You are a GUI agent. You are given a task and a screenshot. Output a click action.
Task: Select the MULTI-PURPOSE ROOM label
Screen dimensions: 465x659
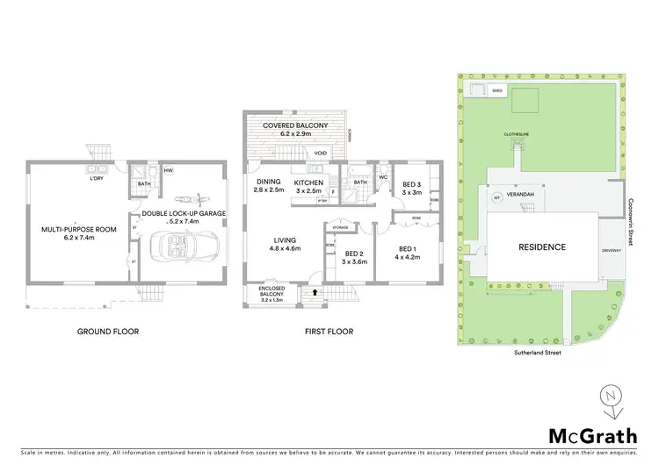coord(79,230)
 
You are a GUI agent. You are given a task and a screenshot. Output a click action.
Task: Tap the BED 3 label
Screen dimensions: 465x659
coord(409,185)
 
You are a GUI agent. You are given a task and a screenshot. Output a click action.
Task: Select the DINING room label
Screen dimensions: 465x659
coord(268,182)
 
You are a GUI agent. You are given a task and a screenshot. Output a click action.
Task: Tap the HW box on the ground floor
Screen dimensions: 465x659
coord(168,170)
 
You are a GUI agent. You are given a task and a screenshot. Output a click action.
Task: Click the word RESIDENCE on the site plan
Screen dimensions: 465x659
coord(540,247)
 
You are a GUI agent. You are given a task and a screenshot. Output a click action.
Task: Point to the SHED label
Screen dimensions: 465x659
coord(496,90)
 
